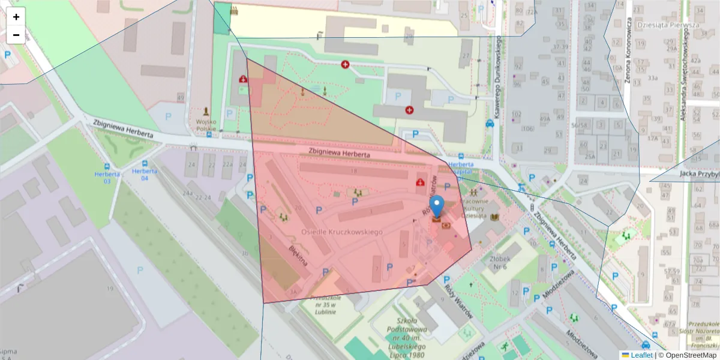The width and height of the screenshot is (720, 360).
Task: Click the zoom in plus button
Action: pyautogui.click(x=16, y=17)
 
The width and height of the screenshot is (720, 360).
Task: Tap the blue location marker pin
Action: pyautogui.click(x=437, y=206)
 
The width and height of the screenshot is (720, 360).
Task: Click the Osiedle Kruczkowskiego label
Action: pyautogui.click(x=342, y=232)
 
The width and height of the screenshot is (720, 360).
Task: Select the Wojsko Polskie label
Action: pyautogui.click(x=206, y=124)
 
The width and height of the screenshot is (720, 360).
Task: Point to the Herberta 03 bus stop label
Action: pyautogui.click(x=107, y=178)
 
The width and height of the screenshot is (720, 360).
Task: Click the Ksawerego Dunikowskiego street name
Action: pyautogui.click(x=498, y=76)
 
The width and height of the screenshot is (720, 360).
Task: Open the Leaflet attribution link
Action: pyautogui.click(x=641, y=355)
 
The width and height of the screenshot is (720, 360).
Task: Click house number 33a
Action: pyautogui.click(x=652, y=78)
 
